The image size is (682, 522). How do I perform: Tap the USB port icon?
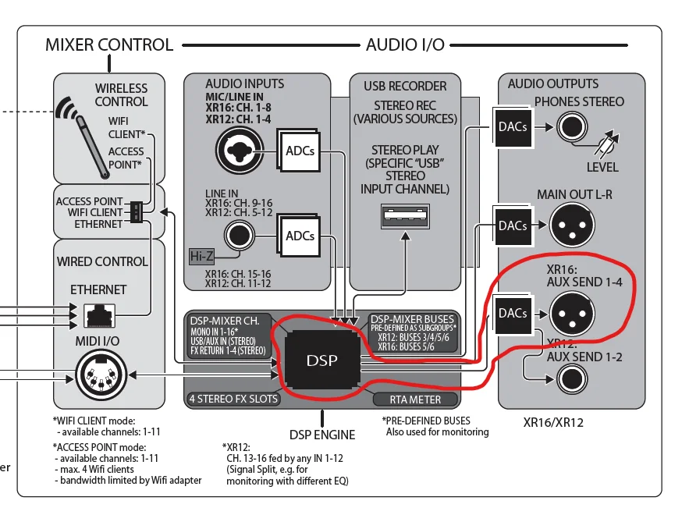tap(405, 216)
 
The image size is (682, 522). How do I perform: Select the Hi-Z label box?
tap(202, 255)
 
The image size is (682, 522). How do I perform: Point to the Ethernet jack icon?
tap(99, 314)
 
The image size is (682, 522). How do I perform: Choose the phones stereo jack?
tap(574, 126)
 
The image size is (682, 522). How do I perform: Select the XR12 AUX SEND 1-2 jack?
tap(574, 382)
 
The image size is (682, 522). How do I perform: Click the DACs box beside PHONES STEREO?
tap(513, 126)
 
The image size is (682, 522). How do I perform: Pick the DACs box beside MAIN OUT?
tap(513, 226)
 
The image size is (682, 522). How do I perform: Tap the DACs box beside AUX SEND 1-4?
tap(513, 314)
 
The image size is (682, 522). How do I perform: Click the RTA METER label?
tap(415, 399)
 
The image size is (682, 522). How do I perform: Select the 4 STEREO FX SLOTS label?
tap(233, 399)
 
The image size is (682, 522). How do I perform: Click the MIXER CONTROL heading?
tap(109, 44)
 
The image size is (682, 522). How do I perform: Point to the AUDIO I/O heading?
tap(405, 44)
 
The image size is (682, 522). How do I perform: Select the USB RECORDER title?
tap(405, 86)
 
